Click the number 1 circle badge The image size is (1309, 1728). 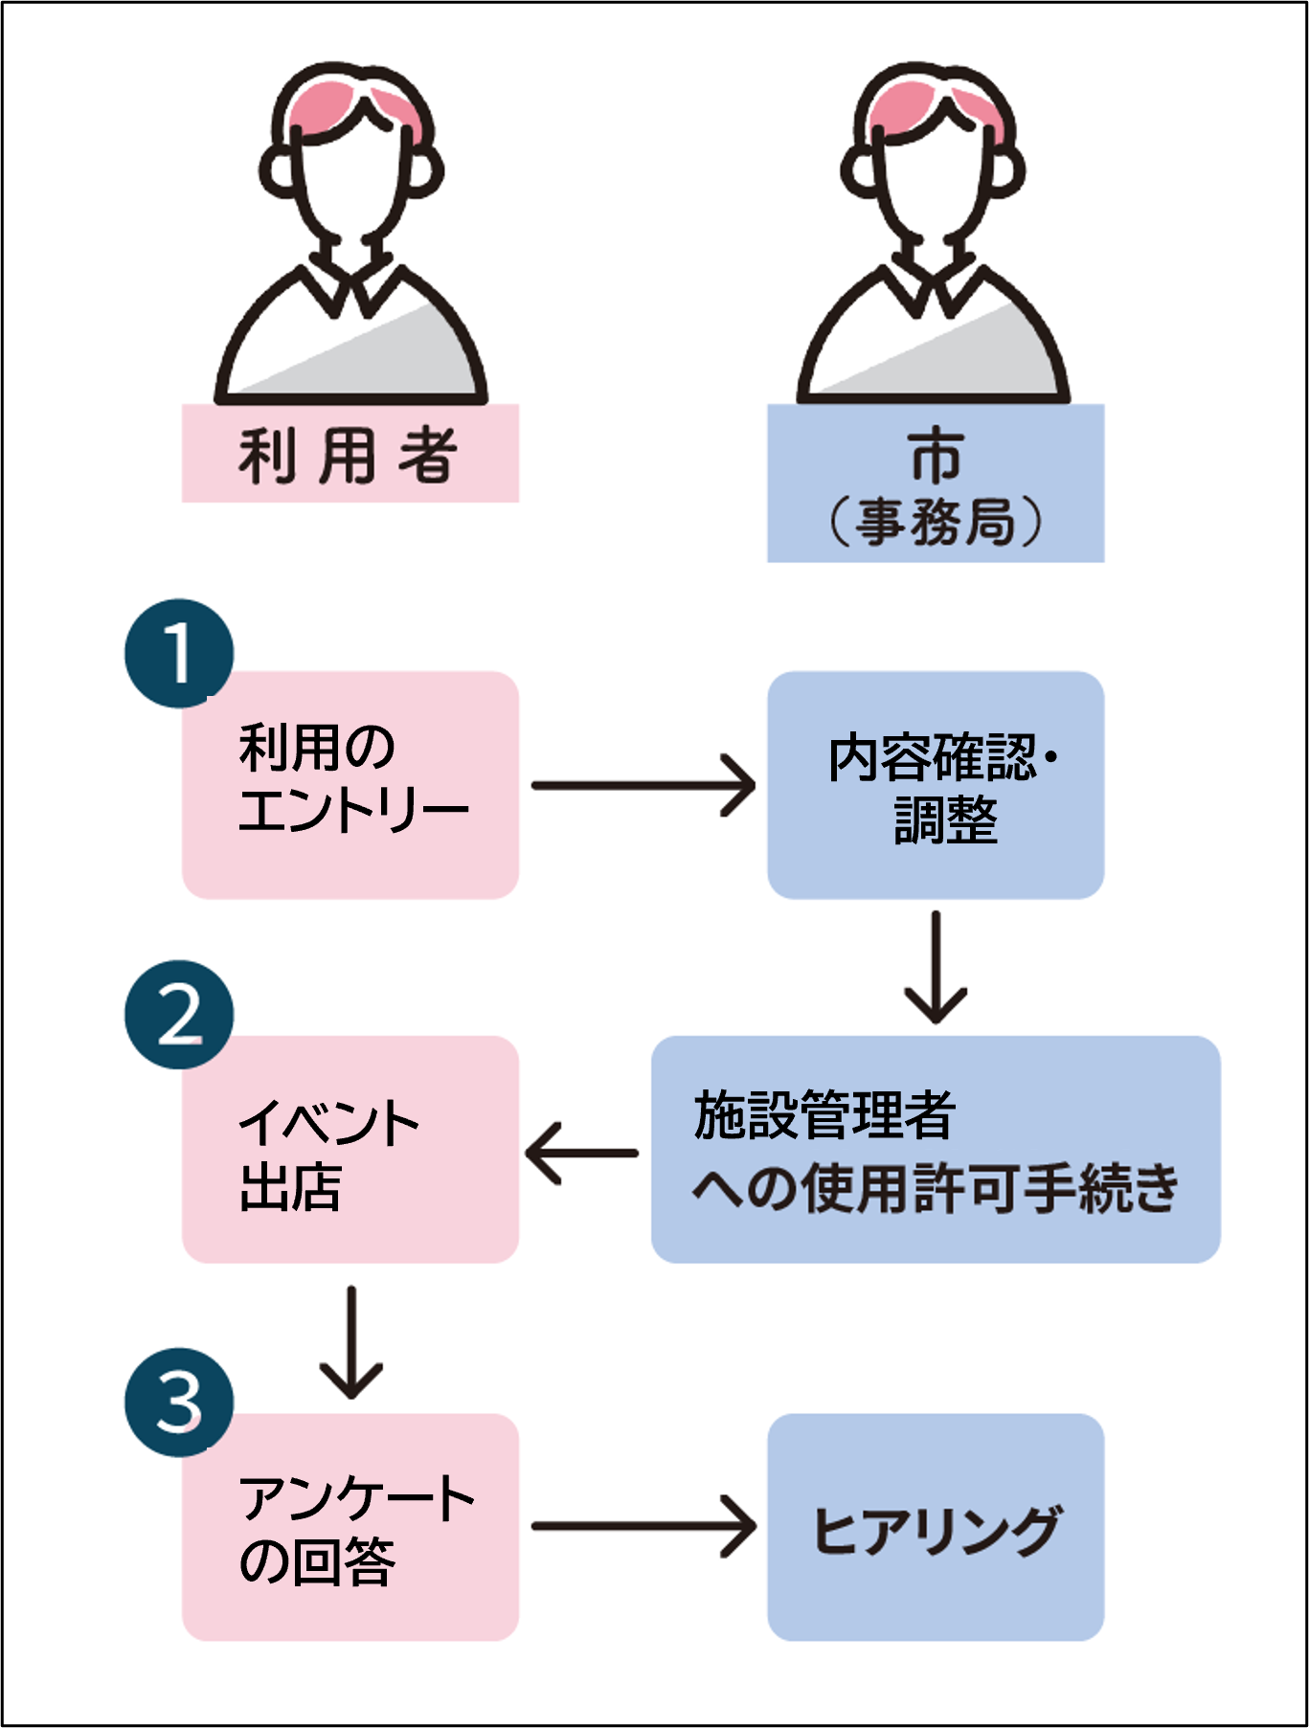point(179,654)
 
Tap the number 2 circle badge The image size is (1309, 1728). point(179,1016)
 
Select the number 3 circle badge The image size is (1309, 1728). point(179,1403)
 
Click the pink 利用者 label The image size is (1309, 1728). point(350,454)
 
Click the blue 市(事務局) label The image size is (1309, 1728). point(936,483)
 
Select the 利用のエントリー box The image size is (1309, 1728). point(350,785)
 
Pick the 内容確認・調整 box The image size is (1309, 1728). point(936,785)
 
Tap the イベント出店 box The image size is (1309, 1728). point(350,1150)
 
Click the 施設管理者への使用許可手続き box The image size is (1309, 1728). point(936,1150)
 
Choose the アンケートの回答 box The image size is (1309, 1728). point(350,1528)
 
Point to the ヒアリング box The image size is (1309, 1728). point(936,1528)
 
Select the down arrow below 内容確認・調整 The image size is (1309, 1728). point(936,967)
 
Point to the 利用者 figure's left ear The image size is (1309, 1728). point(279,172)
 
